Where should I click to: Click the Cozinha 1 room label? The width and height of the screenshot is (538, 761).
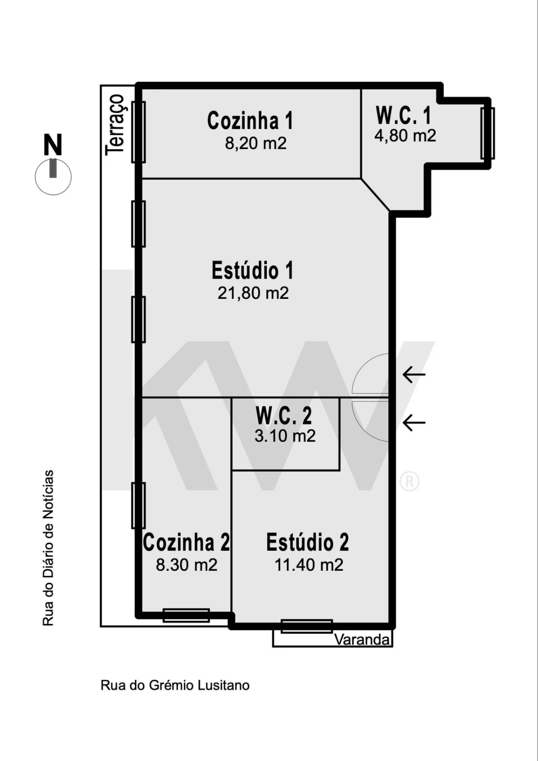(250, 121)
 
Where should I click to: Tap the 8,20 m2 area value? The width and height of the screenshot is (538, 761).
(256, 144)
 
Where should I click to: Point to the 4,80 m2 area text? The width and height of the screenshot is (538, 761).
(405, 136)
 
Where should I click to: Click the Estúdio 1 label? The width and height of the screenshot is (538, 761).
(252, 270)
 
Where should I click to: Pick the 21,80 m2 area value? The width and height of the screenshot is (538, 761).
(253, 293)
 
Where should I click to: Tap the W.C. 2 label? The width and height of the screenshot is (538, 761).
(284, 416)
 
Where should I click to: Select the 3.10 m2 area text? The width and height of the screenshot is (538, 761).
(285, 436)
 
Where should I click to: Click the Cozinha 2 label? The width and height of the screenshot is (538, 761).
(186, 542)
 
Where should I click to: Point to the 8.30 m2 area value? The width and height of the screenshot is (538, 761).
(187, 565)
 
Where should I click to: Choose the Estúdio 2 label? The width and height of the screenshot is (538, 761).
(307, 542)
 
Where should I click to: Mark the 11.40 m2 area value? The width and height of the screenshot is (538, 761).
(309, 565)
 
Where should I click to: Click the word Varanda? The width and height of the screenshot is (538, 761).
(362, 640)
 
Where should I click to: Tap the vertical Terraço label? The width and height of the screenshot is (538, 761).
(115, 125)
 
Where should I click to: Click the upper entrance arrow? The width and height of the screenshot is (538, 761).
(414, 374)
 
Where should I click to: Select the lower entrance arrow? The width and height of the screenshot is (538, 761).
(414, 422)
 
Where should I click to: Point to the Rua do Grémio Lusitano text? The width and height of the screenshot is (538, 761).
(175, 685)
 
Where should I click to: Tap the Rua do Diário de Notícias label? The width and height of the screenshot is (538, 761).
(48, 548)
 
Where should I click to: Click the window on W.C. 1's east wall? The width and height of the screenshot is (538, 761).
(488, 133)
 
